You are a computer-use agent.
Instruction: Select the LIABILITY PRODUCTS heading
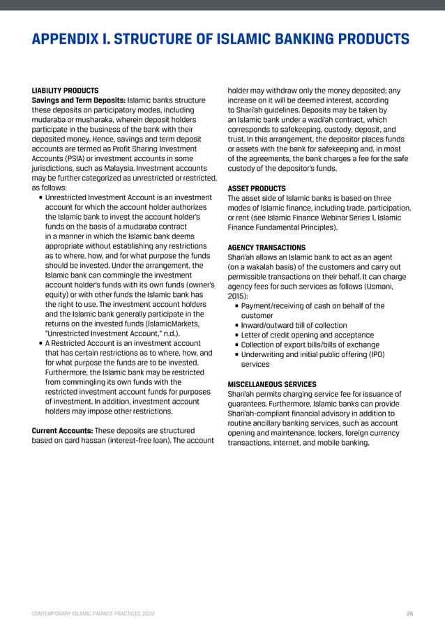[x=66, y=91]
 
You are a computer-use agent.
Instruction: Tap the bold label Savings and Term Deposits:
[x=78, y=100]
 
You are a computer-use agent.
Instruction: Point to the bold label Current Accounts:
[x=62, y=431]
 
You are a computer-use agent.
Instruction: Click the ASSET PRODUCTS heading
[x=257, y=188]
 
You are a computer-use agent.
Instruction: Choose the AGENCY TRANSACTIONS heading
[x=266, y=248]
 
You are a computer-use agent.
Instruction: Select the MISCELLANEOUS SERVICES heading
[x=272, y=384]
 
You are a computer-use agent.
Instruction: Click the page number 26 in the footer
[x=409, y=614]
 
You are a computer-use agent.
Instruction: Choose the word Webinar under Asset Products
[x=334, y=218]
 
